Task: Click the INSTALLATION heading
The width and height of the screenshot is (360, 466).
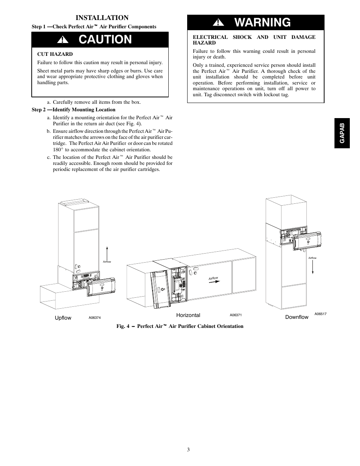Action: point(102,18)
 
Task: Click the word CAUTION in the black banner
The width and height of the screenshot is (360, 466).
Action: point(105,39)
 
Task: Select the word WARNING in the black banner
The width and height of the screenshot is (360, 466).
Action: point(262,23)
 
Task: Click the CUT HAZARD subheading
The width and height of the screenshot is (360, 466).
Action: point(55,54)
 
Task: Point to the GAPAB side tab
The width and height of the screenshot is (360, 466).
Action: point(342,133)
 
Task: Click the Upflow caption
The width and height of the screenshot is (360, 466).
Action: point(63,318)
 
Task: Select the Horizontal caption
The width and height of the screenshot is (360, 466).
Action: point(188,315)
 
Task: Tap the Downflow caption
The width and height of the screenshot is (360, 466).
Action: point(297,317)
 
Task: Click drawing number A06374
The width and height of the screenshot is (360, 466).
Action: point(95,318)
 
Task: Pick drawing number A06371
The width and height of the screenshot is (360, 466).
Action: point(235,315)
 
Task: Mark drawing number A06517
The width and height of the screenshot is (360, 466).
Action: point(320,314)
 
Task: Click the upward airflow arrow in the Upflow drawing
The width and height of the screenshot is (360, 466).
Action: point(107,252)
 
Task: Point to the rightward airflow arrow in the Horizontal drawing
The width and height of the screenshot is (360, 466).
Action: point(215,281)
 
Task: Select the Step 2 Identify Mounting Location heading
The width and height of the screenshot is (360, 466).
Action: point(73,110)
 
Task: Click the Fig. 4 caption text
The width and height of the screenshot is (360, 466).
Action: point(180,326)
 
